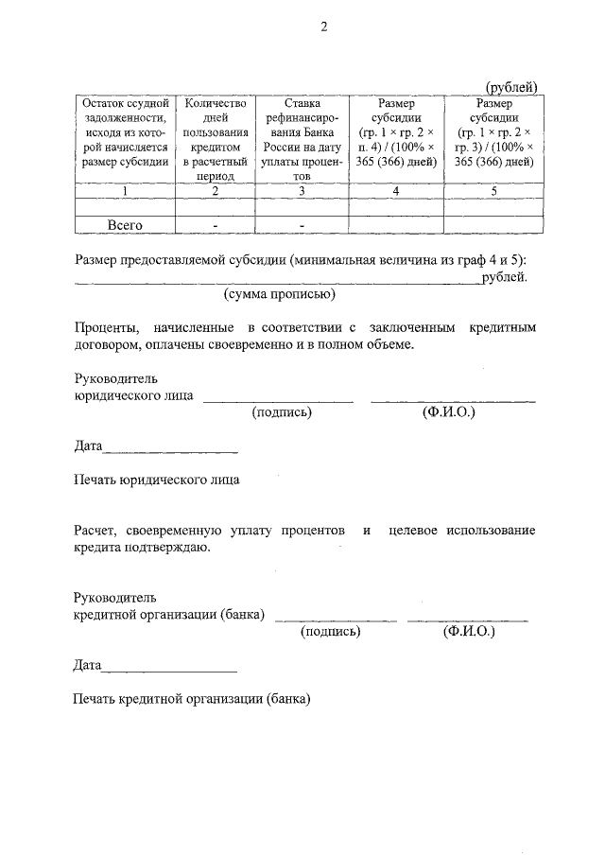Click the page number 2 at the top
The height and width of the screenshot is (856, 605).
[x=323, y=26]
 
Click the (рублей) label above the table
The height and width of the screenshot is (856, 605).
[x=511, y=87]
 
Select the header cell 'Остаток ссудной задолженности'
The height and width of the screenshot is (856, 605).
[x=125, y=139]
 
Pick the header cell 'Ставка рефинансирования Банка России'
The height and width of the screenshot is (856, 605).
[x=302, y=139]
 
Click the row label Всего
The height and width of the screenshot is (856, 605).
[x=125, y=225]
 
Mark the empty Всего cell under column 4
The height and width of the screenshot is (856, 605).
[x=396, y=225]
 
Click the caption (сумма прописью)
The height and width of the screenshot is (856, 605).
[x=280, y=295]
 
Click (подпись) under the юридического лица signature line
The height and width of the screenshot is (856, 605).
[x=281, y=412]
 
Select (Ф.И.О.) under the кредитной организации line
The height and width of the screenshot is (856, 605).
[x=468, y=631]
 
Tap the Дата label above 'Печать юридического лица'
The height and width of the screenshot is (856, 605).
[x=88, y=445]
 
